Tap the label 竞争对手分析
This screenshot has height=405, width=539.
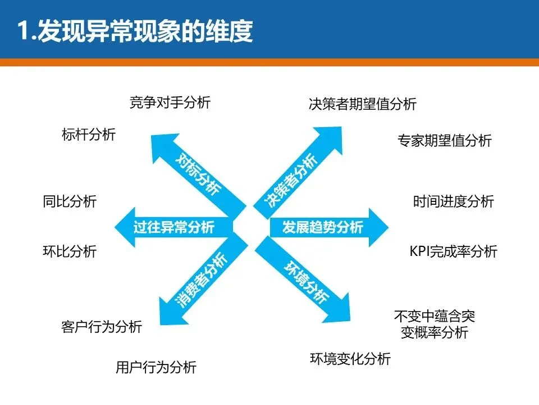tap(170, 102)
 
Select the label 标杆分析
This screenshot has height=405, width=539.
tap(88, 134)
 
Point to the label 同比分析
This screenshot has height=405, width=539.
tap(70, 201)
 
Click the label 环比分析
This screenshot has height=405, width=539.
tap(70, 251)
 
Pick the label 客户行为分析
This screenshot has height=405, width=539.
tap(101, 326)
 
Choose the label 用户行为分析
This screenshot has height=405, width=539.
tap(156, 367)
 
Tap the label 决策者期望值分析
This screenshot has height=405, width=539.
tap(362, 104)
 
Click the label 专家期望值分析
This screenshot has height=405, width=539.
tap(444, 140)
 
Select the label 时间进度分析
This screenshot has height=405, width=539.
tap(453, 201)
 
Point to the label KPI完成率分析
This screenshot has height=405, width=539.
tap(453, 251)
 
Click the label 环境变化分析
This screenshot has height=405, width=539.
tap(350, 358)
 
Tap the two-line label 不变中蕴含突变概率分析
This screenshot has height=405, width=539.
tap(434, 325)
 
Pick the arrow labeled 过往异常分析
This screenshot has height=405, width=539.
tap(174, 227)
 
